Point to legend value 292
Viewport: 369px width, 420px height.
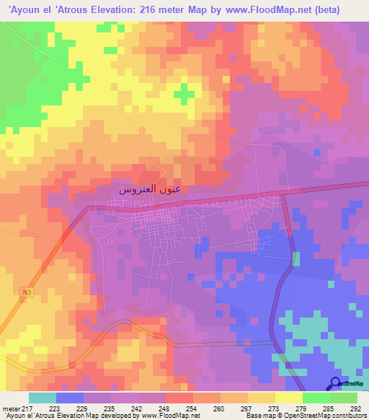tap(355, 408)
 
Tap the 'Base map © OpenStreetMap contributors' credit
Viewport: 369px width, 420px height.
tap(305, 416)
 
